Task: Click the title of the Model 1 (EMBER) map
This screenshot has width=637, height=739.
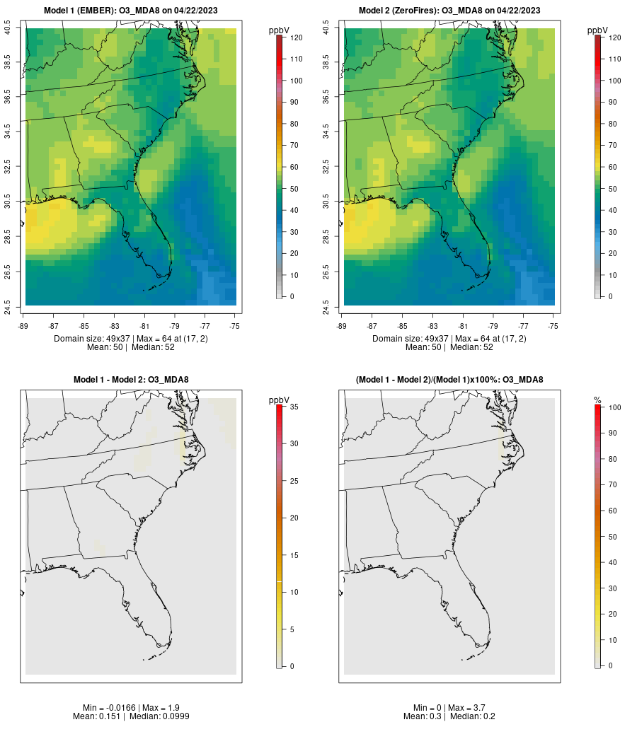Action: (x=131, y=11)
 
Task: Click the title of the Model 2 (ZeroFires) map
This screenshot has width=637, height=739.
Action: (x=449, y=11)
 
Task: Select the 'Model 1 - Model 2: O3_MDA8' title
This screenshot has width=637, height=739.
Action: (x=131, y=380)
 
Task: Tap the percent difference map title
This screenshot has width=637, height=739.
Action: (x=449, y=380)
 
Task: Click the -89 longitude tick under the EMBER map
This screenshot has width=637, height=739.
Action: (x=25, y=326)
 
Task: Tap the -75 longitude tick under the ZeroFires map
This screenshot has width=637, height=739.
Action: (x=553, y=326)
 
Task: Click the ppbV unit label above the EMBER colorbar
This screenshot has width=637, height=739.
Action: (x=279, y=30)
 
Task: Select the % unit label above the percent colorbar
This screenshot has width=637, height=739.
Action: (x=597, y=400)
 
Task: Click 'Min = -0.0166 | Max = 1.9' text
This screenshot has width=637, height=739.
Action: (x=131, y=708)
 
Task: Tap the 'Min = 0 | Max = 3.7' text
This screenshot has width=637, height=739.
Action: (x=449, y=708)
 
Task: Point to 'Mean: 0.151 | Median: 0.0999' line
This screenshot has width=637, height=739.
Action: (x=131, y=716)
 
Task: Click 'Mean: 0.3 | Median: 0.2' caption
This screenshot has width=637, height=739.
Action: (x=449, y=716)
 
